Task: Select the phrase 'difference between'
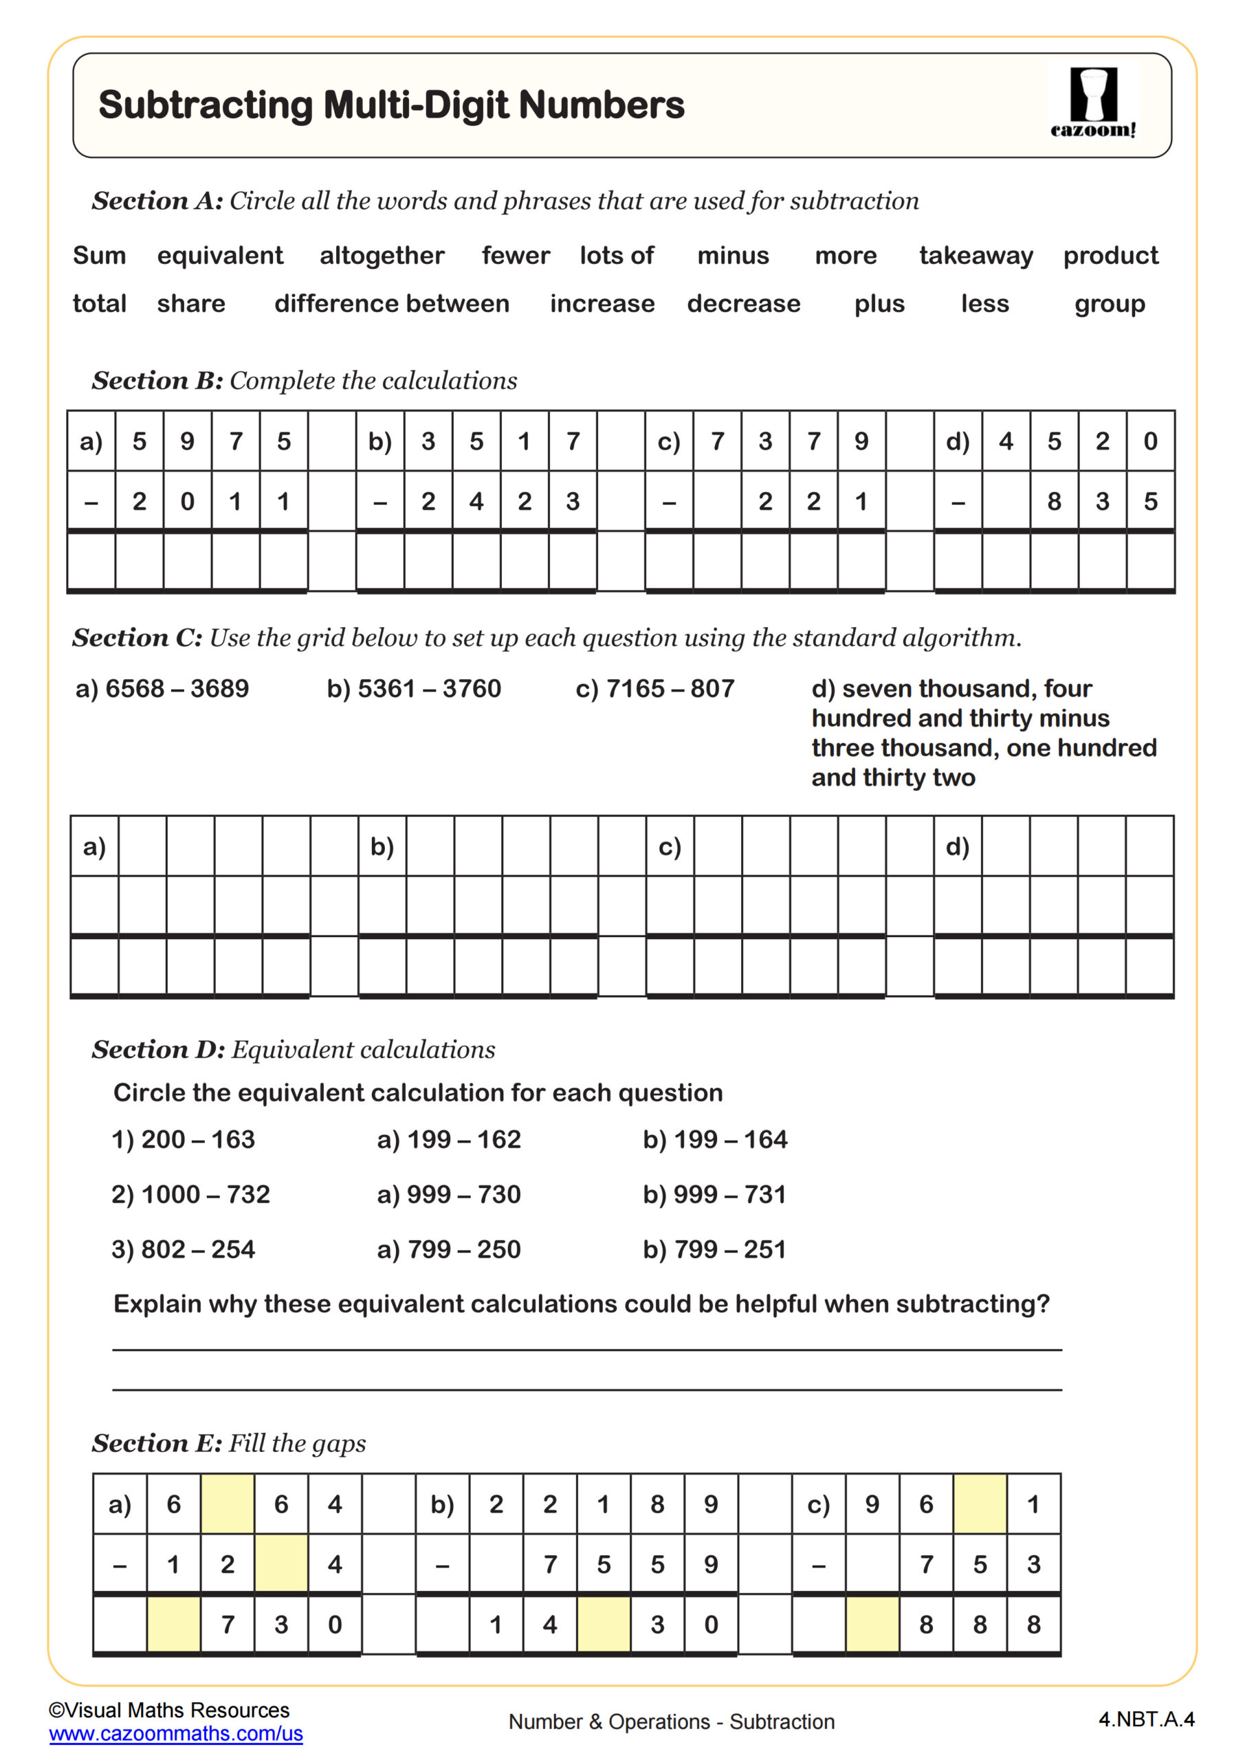pyautogui.click(x=391, y=304)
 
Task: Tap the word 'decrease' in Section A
pyautogui.click(x=743, y=304)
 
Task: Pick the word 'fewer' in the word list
pyautogui.click(x=515, y=255)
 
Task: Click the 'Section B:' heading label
pyautogui.click(x=157, y=380)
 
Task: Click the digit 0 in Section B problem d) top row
pyautogui.click(x=1150, y=441)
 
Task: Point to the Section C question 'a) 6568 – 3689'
pyautogui.click(x=162, y=688)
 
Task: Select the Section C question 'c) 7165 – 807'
pyautogui.click(x=654, y=688)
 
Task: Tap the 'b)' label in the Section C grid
pyautogui.click(x=382, y=846)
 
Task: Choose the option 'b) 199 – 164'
pyautogui.click(x=714, y=1139)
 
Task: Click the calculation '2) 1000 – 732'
pyautogui.click(x=190, y=1194)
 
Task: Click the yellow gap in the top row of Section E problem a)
pyautogui.click(x=227, y=1504)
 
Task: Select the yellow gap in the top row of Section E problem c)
pyautogui.click(x=980, y=1504)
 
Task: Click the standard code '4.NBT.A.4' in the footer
pyautogui.click(x=1146, y=1719)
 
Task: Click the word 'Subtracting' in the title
pyautogui.click(x=206, y=105)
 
